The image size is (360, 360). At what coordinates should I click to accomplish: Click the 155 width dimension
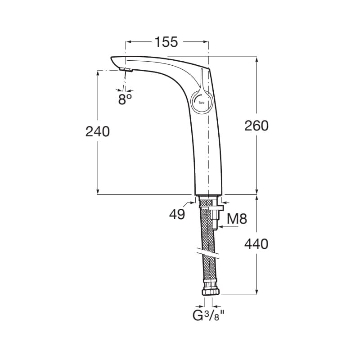pos(166,42)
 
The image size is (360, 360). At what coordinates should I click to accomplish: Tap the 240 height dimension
pos(98,132)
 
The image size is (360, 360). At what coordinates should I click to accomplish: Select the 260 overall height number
pos(256,126)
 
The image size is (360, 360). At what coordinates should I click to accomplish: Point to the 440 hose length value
pos(256,244)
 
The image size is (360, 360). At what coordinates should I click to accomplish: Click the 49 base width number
pos(177,215)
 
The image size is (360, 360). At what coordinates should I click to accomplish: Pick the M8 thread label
pos(237,219)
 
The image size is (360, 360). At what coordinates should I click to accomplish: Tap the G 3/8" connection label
pos(208,315)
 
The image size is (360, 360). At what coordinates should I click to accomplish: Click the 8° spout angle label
pos(125,99)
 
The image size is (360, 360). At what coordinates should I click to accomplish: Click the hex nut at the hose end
pos(211,292)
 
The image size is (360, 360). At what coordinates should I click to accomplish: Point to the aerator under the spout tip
pos(126,70)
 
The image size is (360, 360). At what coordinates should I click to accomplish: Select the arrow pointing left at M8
pos(228,227)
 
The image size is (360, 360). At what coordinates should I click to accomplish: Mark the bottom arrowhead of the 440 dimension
pos(256,292)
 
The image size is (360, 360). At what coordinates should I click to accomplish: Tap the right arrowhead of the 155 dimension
pos(205,42)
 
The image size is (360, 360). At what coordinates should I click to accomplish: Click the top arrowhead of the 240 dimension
pos(98,73)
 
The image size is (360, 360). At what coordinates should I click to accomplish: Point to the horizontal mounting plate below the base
pos(211,208)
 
